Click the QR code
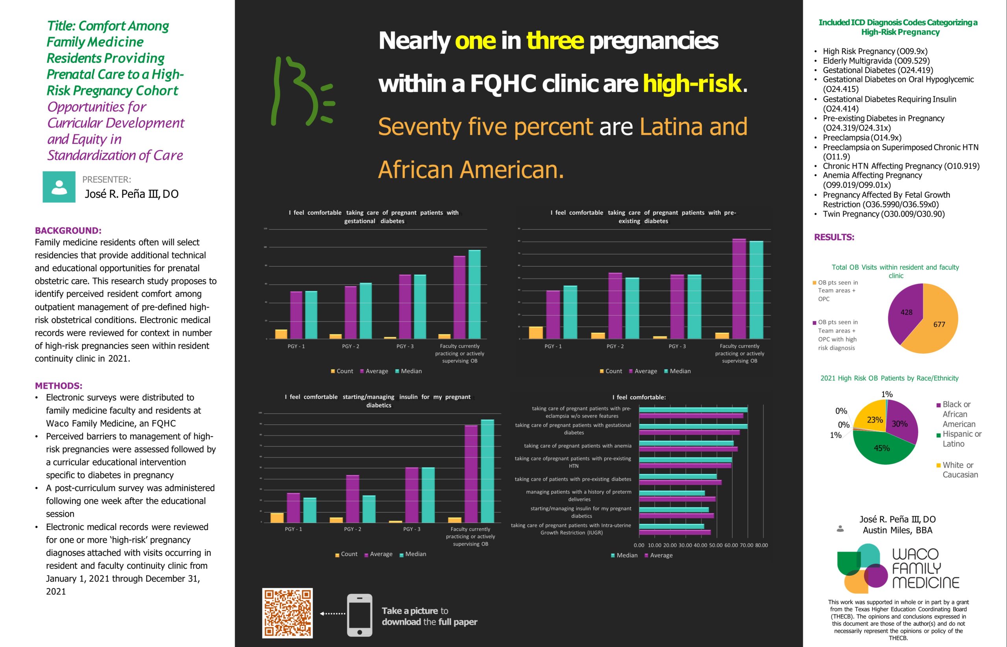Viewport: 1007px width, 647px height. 287,612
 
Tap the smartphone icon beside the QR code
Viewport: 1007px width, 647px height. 360,615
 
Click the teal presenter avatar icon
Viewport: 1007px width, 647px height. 59,187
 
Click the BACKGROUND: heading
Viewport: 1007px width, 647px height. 68,230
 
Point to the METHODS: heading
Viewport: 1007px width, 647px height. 59,386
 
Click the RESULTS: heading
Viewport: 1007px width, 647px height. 834,237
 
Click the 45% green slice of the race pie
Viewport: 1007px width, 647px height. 882,449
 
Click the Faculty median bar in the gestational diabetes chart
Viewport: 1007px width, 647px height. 474,294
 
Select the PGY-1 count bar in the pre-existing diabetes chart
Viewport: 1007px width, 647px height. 536,332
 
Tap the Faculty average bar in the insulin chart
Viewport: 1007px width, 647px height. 471,474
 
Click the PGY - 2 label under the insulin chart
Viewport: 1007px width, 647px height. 352,529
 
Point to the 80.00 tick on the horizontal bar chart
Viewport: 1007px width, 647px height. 761,545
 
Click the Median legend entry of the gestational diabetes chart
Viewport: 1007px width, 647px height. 408,371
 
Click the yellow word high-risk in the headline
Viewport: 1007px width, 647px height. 692,84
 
